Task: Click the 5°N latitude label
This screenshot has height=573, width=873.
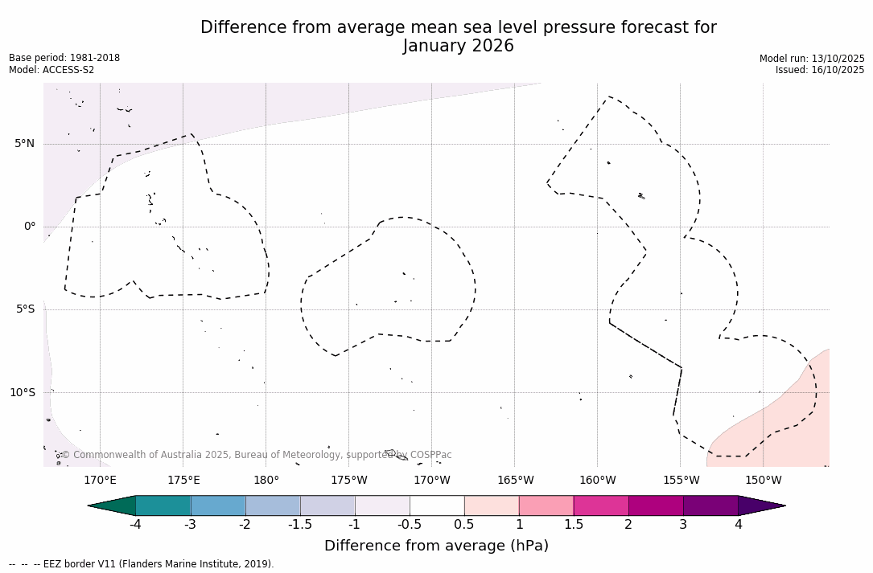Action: coord(24,144)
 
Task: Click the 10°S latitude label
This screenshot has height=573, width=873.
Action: coord(22,393)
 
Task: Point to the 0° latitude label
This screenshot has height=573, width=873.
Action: coord(29,227)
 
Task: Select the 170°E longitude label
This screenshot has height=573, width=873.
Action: coord(100,481)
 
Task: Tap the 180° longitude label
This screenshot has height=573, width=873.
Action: coord(266,481)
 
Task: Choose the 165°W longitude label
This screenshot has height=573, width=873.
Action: coord(515,481)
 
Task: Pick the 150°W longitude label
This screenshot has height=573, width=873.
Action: coord(764,481)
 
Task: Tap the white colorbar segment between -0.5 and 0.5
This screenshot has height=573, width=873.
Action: coord(437,505)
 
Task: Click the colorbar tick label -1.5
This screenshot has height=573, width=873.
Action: coord(300,525)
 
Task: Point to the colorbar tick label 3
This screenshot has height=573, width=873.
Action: coord(683,525)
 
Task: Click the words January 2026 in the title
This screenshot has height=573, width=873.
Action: coord(458,47)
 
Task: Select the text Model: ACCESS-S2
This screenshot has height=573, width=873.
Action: coord(51,70)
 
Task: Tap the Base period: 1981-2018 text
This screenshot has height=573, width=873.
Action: coord(64,58)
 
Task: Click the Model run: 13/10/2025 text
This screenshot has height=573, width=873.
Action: coord(812,59)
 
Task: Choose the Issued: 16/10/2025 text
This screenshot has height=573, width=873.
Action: coord(820,70)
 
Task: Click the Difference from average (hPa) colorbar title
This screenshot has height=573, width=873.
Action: coord(436,546)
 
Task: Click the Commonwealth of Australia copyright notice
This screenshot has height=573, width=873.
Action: coord(257,455)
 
